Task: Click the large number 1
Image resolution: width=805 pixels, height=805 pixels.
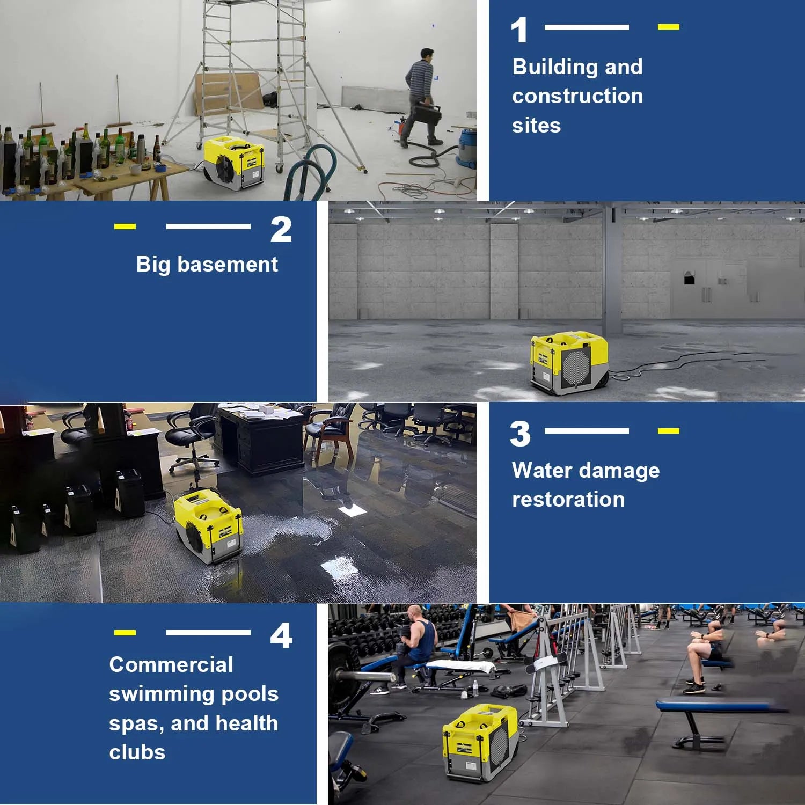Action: pos(519,31)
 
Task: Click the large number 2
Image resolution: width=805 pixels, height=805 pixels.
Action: pos(281,230)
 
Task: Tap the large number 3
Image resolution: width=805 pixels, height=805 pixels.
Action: pos(520,434)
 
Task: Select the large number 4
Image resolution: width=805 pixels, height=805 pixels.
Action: pos(281,635)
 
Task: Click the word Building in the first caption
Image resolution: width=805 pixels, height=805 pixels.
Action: pos(554,67)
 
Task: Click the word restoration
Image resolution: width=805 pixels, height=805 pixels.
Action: pos(568,500)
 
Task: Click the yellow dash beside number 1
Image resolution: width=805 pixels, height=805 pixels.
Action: pos(668,27)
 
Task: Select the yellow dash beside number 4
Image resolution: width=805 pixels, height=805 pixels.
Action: pos(125,633)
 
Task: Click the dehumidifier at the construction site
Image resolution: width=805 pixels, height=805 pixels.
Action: pos(234,162)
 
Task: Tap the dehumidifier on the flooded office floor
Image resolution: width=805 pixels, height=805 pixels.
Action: pos(208,526)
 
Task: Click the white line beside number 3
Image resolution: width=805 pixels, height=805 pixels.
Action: pos(587,430)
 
